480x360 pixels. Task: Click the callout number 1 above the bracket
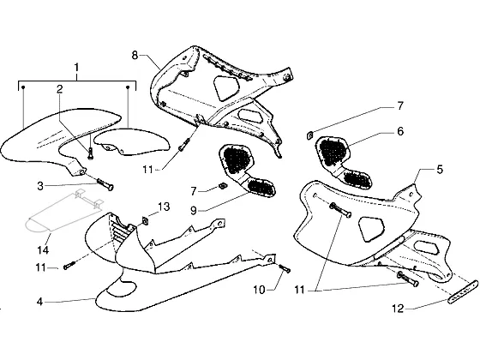[x=76, y=68]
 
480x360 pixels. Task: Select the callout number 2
[x=60, y=89]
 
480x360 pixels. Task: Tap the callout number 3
[x=40, y=186]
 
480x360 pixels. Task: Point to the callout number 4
[x=39, y=302]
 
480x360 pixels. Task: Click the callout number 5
[x=440, y=170]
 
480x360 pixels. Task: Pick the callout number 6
[x=400, y=131]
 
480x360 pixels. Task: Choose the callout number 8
[x=135, y=56]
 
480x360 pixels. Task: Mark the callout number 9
[x=194, y=211]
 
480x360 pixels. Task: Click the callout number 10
[x=259, y=290]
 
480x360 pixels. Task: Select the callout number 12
[x=398, y=309]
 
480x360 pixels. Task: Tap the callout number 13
[x=164, y=207]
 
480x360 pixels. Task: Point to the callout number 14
[x=43, y=250]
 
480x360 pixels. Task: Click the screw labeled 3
[x=105, y=183]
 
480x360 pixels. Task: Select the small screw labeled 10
[x=285, y=268]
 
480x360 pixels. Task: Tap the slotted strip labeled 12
[x=463, y=291]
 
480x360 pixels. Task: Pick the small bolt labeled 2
[x=90, y=153]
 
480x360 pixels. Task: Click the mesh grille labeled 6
[x=343, y=161]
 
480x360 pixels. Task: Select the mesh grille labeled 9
[x=248, y=171]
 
